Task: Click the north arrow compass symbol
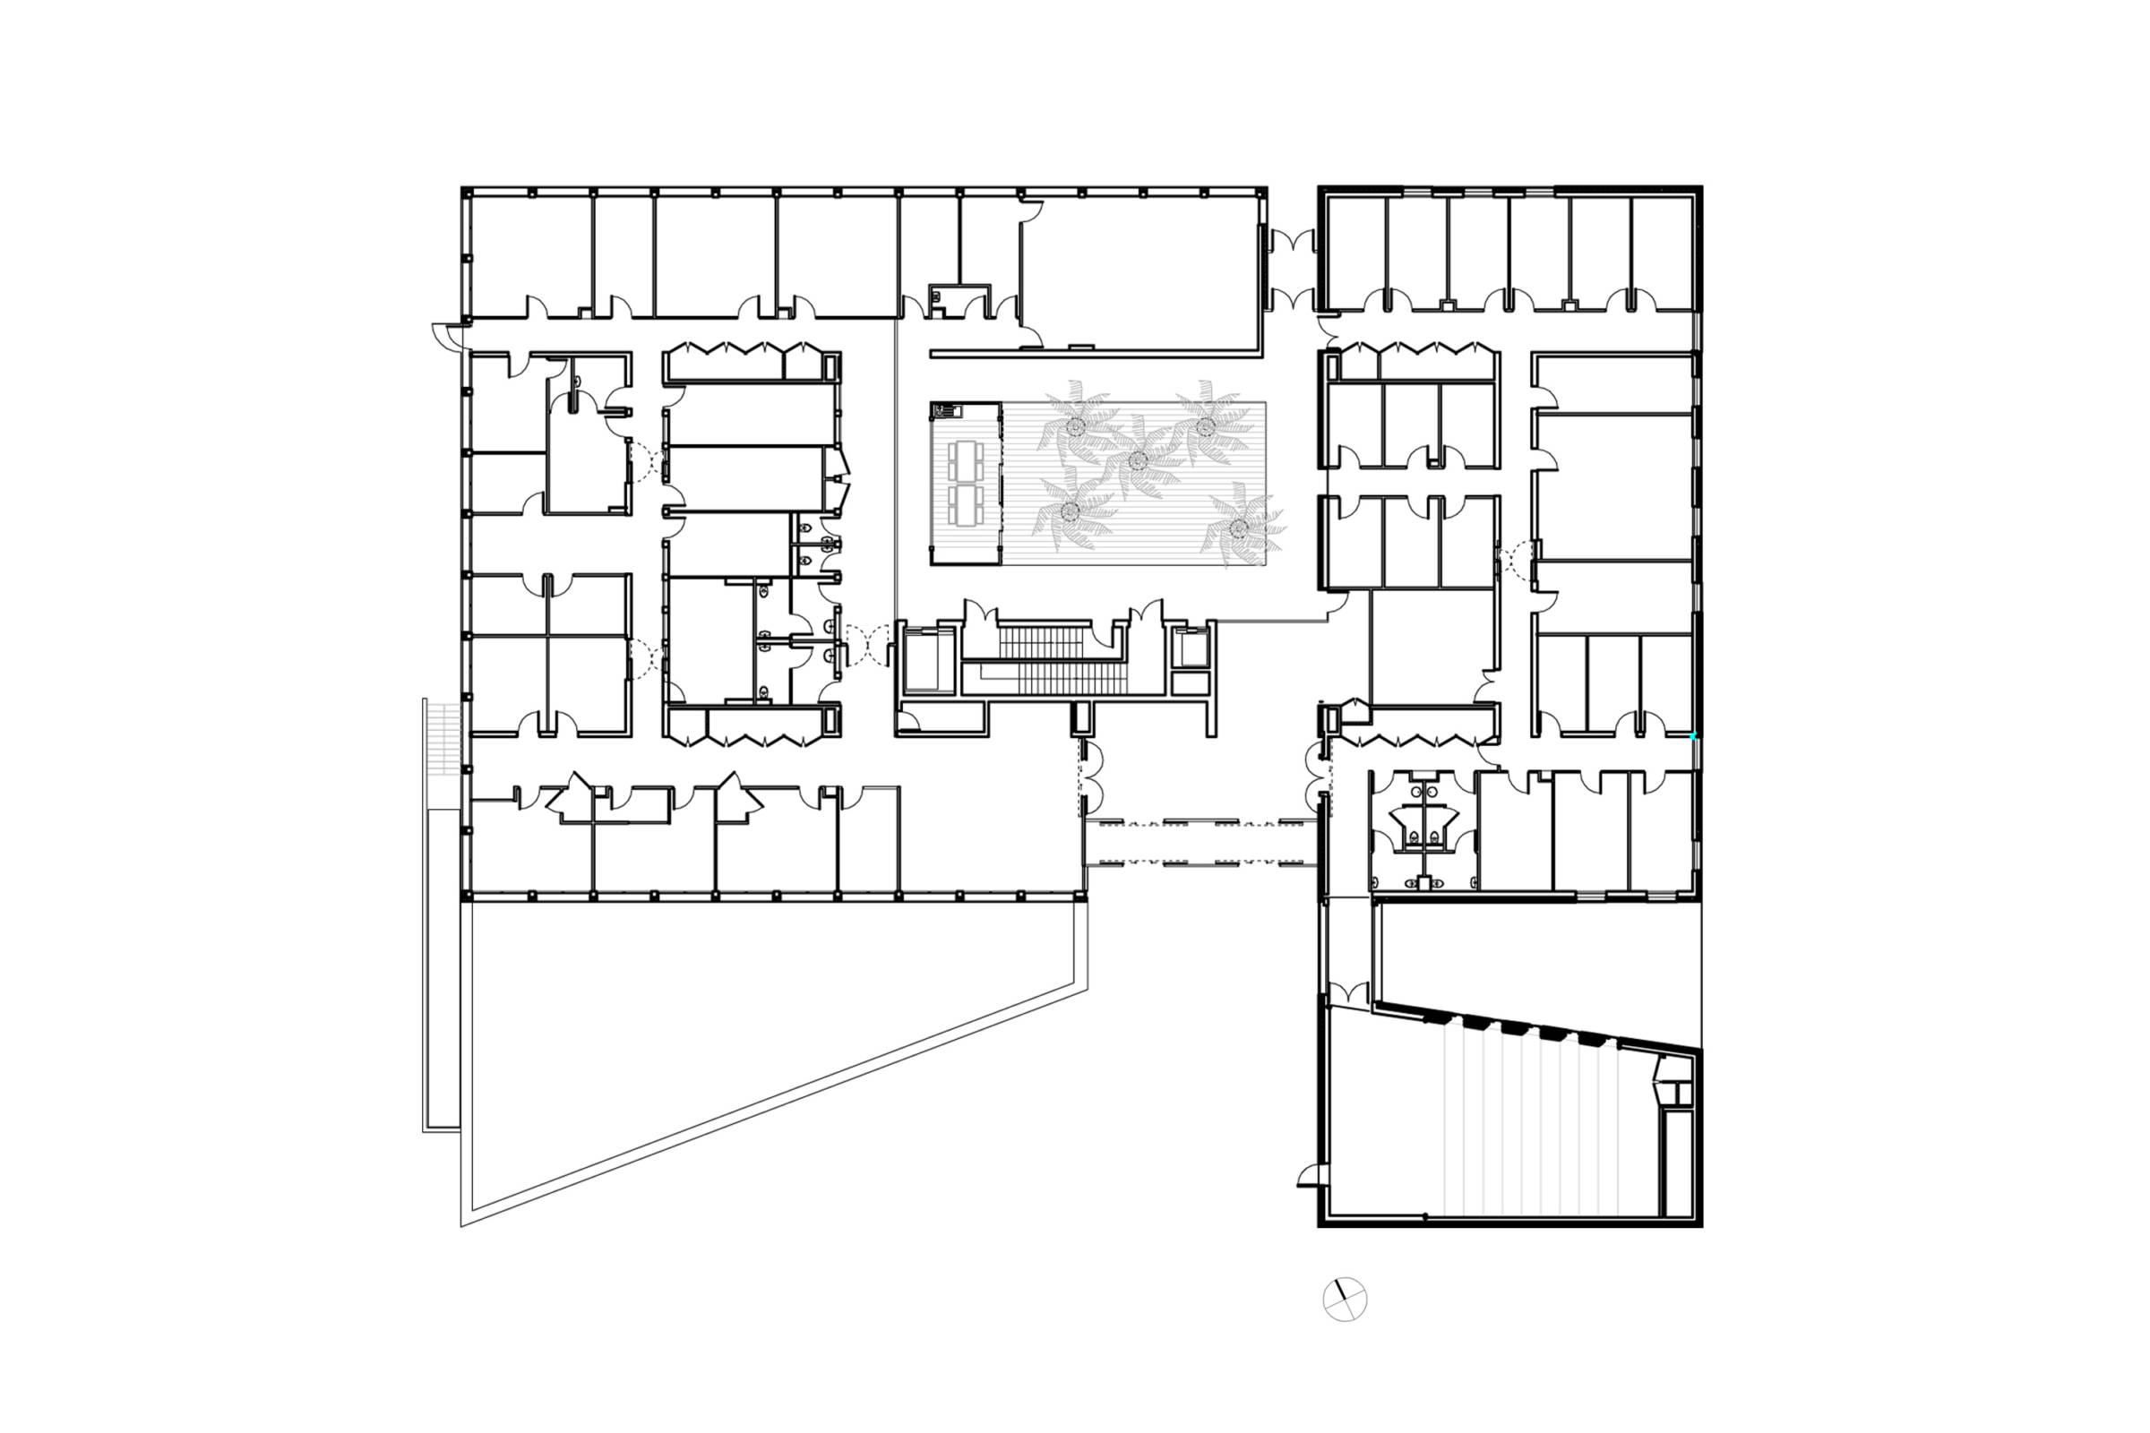(1345, 1299)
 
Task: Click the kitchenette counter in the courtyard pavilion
(947, 410)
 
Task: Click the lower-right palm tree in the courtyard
(1239, 528)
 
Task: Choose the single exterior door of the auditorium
(1310, 1176)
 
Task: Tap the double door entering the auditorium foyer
(1348, 991)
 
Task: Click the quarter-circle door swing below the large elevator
(909, 722)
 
